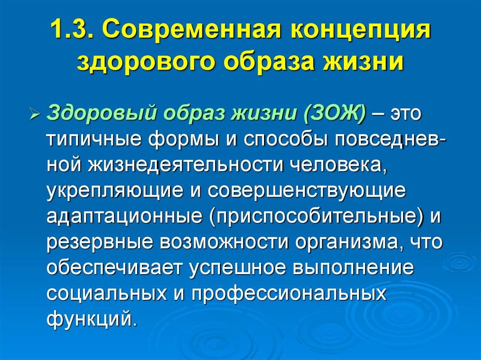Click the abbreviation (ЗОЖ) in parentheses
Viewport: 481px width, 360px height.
click(x=335, y=115)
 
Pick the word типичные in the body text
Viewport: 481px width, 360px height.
click(x=95, y=140)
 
